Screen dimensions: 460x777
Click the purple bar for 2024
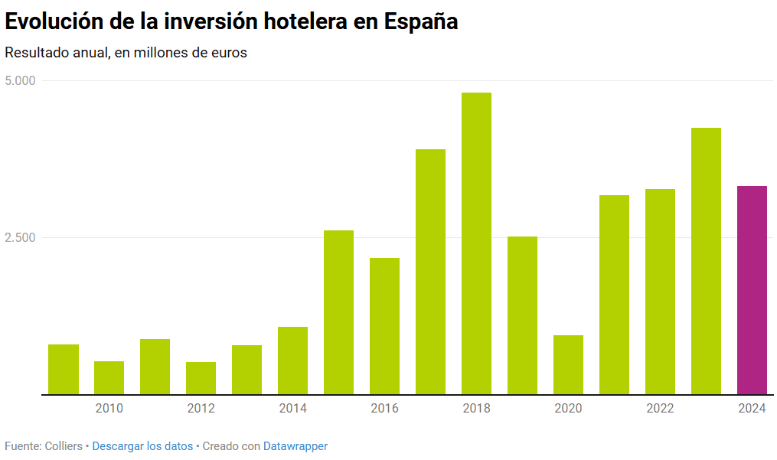click(752, 290)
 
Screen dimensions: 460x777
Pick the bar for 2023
click(706, 261)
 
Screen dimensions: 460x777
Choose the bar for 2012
click(201, 378)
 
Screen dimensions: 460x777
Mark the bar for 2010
click(109, 377)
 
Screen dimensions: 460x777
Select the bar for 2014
click(292, 360)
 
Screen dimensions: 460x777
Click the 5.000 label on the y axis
click(20, 81)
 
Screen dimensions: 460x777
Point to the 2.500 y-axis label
click(20, 238)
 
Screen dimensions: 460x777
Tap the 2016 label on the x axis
click(384, 409)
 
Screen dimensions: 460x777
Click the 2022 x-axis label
click(660, 409)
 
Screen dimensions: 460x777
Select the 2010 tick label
click(109, 409)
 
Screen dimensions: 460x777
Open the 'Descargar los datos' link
click(142, 446)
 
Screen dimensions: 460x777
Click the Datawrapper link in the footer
click(295, 446)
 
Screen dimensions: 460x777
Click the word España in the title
click(421, 21)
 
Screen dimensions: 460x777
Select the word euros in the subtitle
click(229, 53)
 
